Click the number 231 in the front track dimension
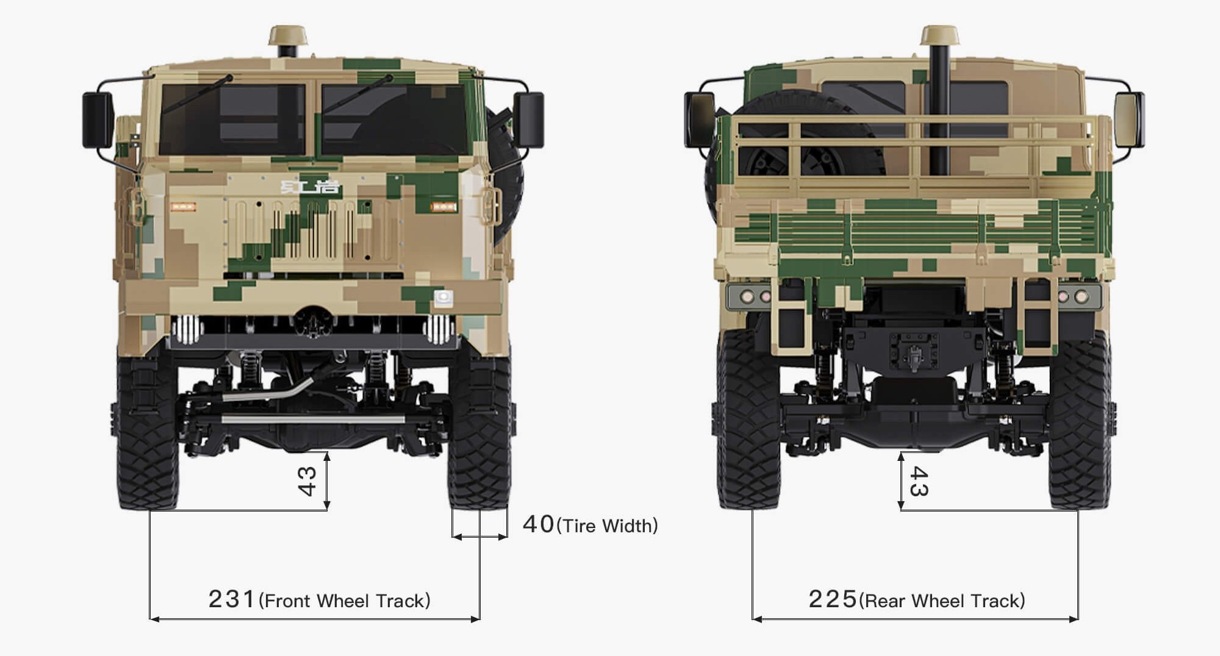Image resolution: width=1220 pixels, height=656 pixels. coord(231,599)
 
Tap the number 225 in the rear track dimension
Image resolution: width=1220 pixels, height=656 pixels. coord(833,599)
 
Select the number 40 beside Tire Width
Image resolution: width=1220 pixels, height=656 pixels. coord(539,524)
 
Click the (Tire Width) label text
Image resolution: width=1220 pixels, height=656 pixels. coord(608,526)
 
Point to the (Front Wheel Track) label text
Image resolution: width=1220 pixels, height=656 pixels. coord(345,601)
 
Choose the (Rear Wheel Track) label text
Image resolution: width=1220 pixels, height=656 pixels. coord(942,601)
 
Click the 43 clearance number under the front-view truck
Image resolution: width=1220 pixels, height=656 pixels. coord(307,481)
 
